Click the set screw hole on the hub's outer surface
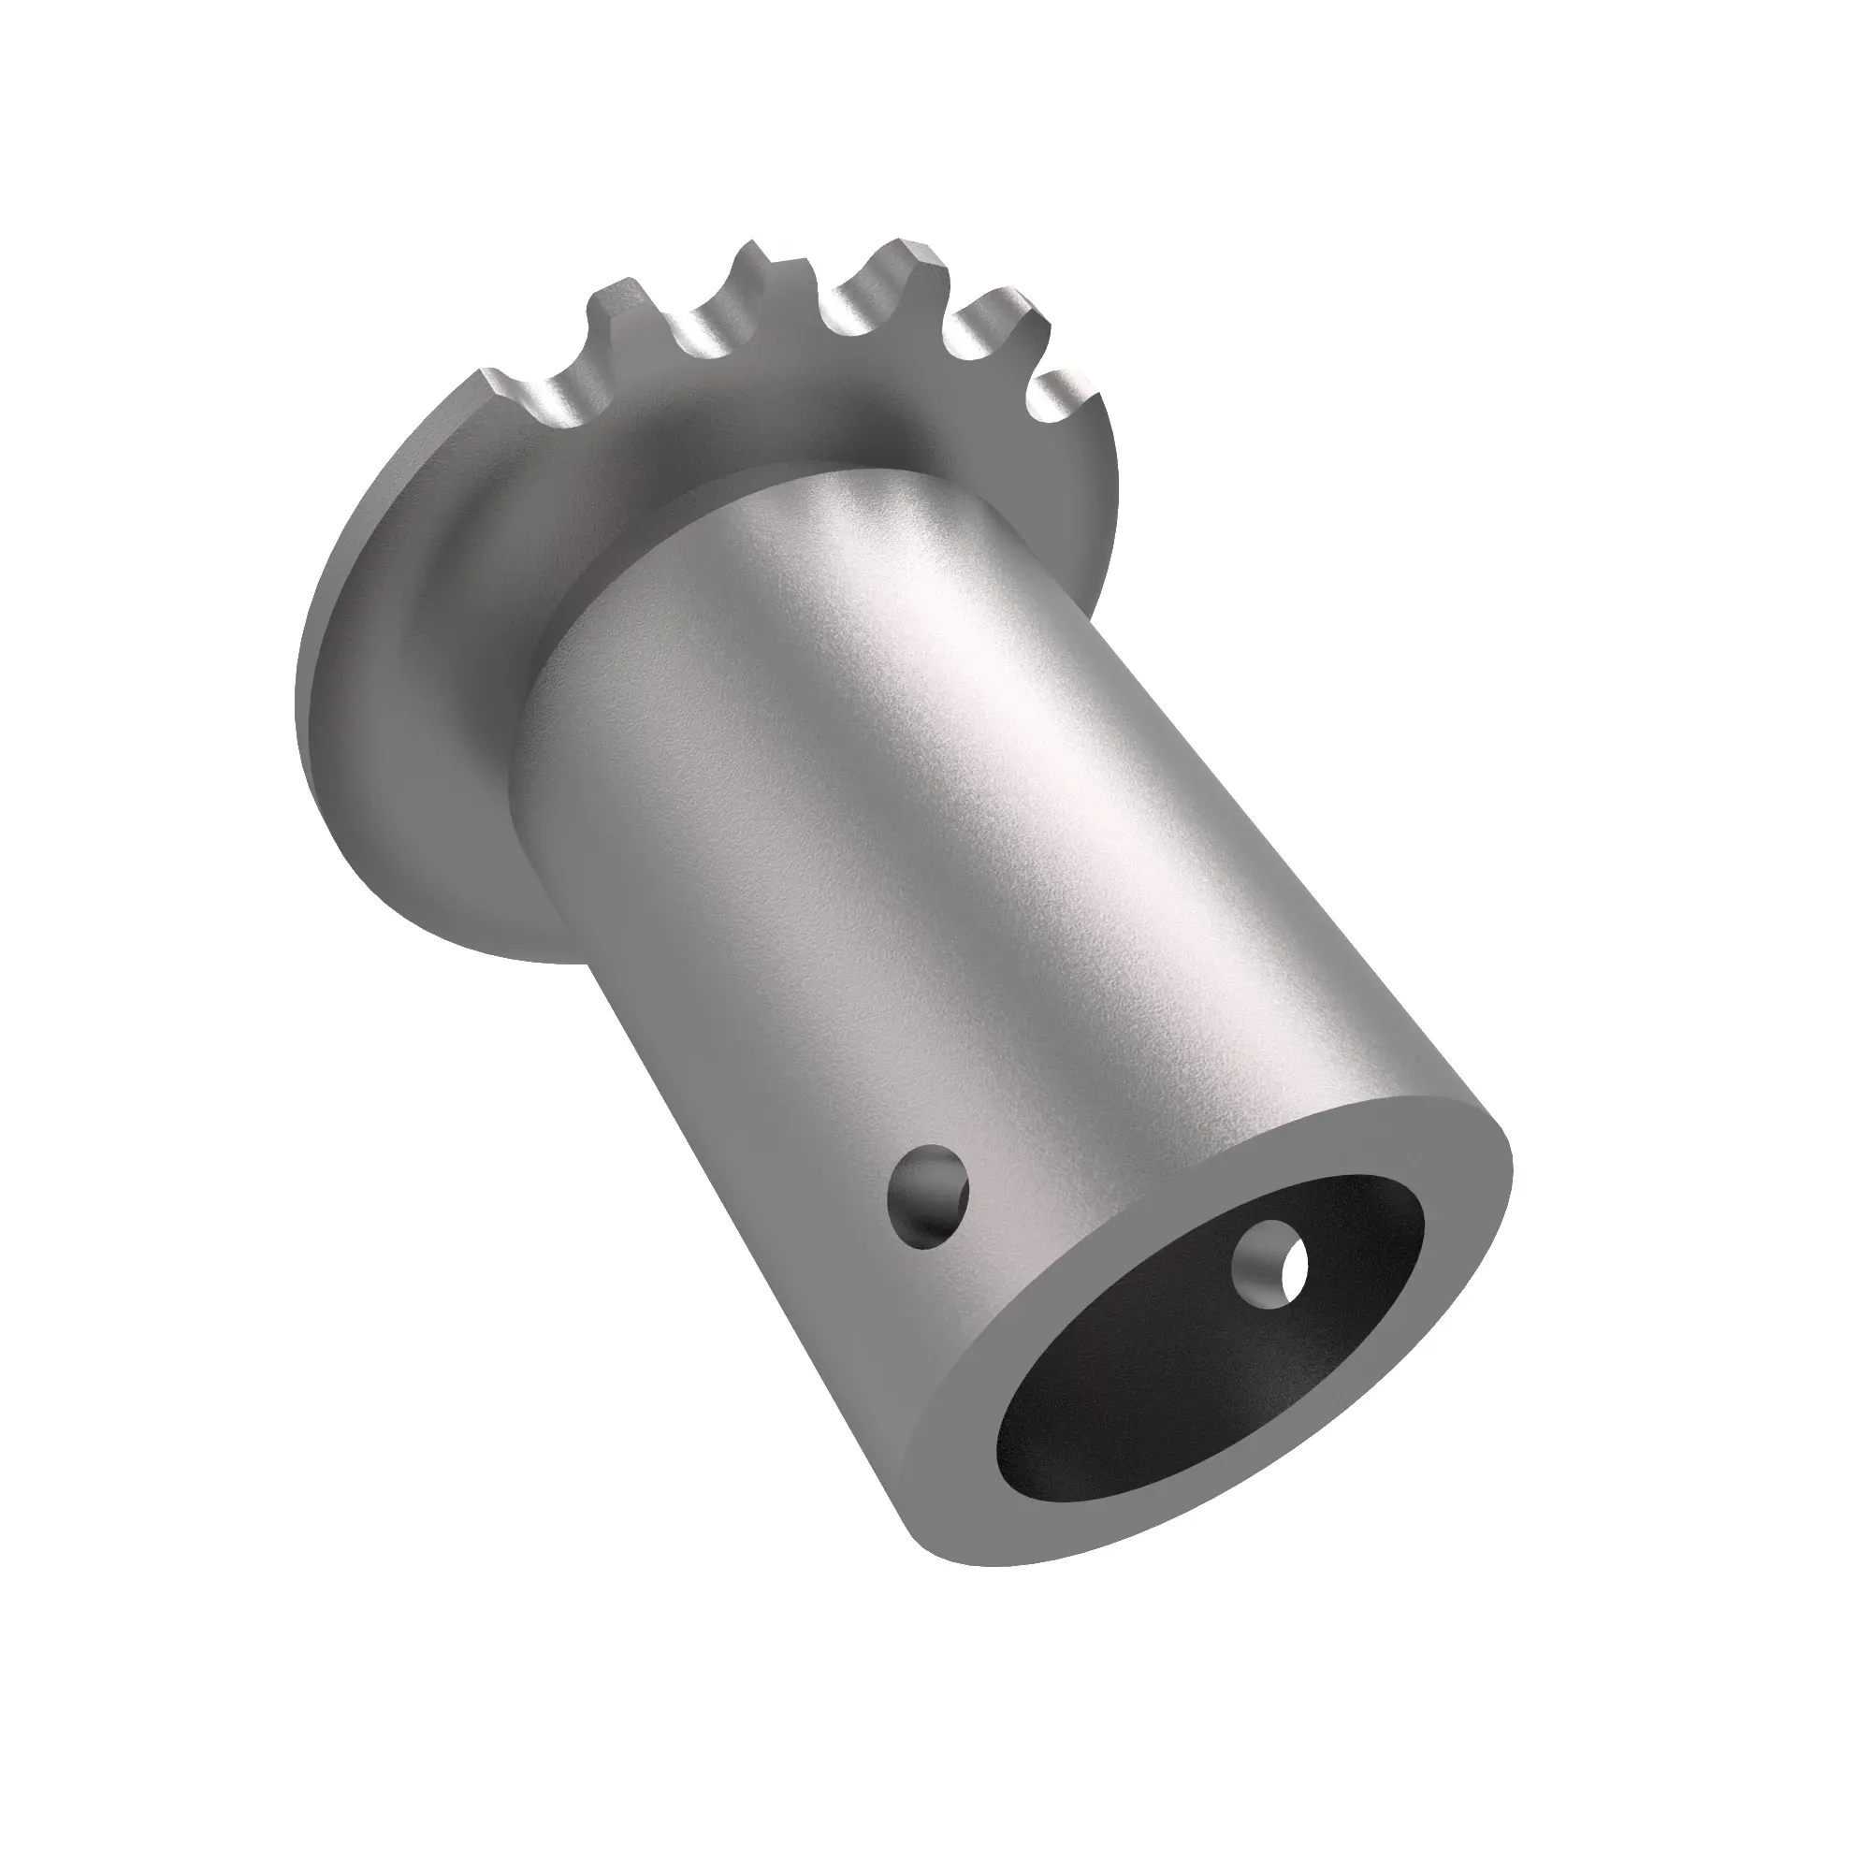[928, 1197]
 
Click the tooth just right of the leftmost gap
[620, 310]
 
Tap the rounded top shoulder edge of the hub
[823, 485]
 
